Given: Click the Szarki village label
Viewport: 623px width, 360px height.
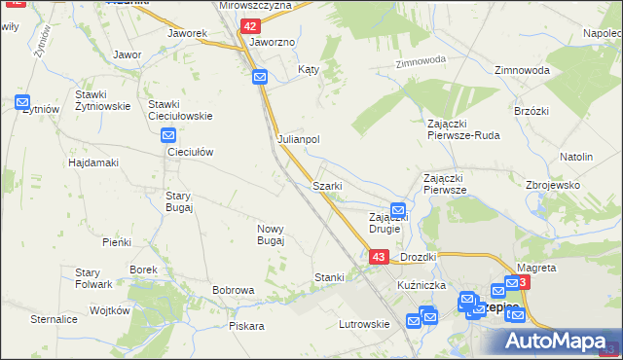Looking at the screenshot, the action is (x=326, y=186).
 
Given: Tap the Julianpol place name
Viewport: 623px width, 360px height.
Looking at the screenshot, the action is (x=299, y=139).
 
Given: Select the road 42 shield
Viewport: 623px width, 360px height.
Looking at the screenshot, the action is (x=250, y=26).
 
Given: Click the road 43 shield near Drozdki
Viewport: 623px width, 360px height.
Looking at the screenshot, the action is (x=380, y=257).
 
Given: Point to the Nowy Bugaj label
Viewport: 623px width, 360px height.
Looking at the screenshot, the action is (x=271, y=234).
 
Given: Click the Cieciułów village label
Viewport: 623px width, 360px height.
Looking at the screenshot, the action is (x=190, y=153).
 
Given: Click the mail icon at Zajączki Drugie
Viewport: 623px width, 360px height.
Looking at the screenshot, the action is (x=398, y=209).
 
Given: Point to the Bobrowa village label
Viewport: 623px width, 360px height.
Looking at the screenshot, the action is (x=234, y=290).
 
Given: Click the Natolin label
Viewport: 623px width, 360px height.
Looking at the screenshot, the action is (x=576, y=157).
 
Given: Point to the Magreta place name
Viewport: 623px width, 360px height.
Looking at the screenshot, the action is (x=536, y=268).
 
